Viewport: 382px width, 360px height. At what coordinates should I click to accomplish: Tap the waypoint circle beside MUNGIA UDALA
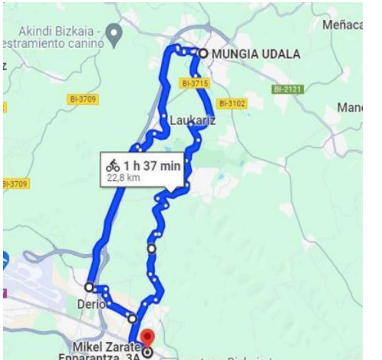coord(203,53)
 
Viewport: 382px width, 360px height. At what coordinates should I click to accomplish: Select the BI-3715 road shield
coord(193,84)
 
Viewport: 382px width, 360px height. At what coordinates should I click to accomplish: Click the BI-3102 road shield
coord(232,104)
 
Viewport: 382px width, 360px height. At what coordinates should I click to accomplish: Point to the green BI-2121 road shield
coord(288,89)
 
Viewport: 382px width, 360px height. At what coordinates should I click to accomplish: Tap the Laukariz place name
coord(192,121)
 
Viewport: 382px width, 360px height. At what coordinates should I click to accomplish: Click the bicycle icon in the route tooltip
coord(113,164)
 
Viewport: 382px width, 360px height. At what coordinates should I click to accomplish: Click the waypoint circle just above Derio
coord(89,286)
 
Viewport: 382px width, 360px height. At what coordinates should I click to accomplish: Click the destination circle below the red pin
coord(147,352)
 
